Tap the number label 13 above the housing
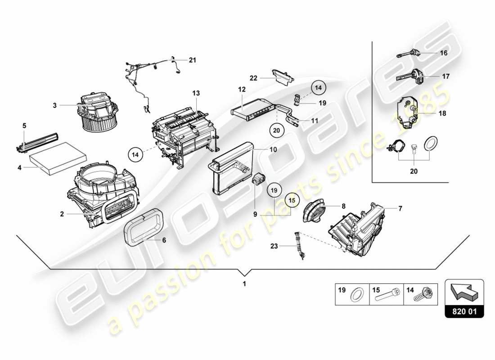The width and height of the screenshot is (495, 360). tap(196, 93)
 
